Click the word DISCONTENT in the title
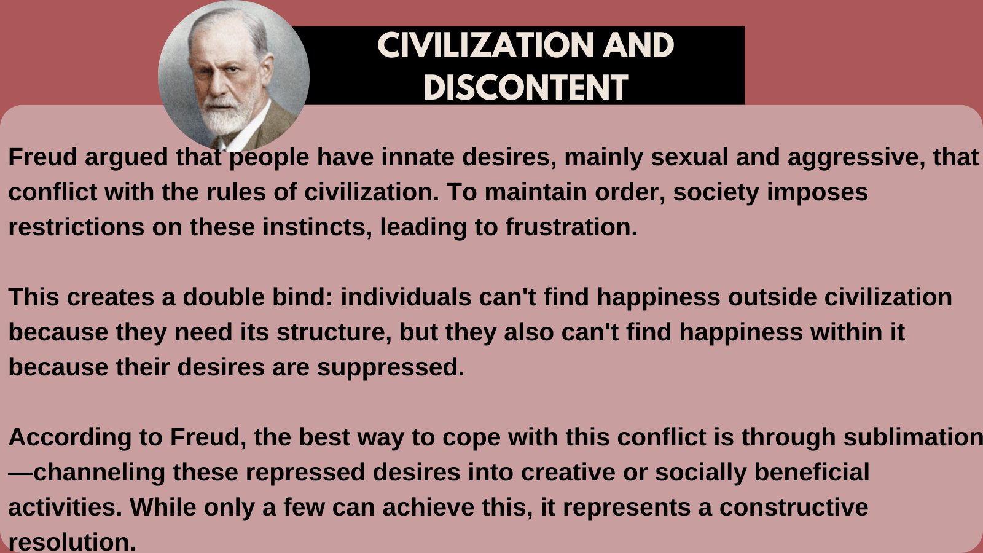[525, 87]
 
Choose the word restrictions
[76, 227]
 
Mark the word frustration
[571, 227]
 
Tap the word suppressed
[390, 367]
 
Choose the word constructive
[793, 508]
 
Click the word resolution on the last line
[71, 542]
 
